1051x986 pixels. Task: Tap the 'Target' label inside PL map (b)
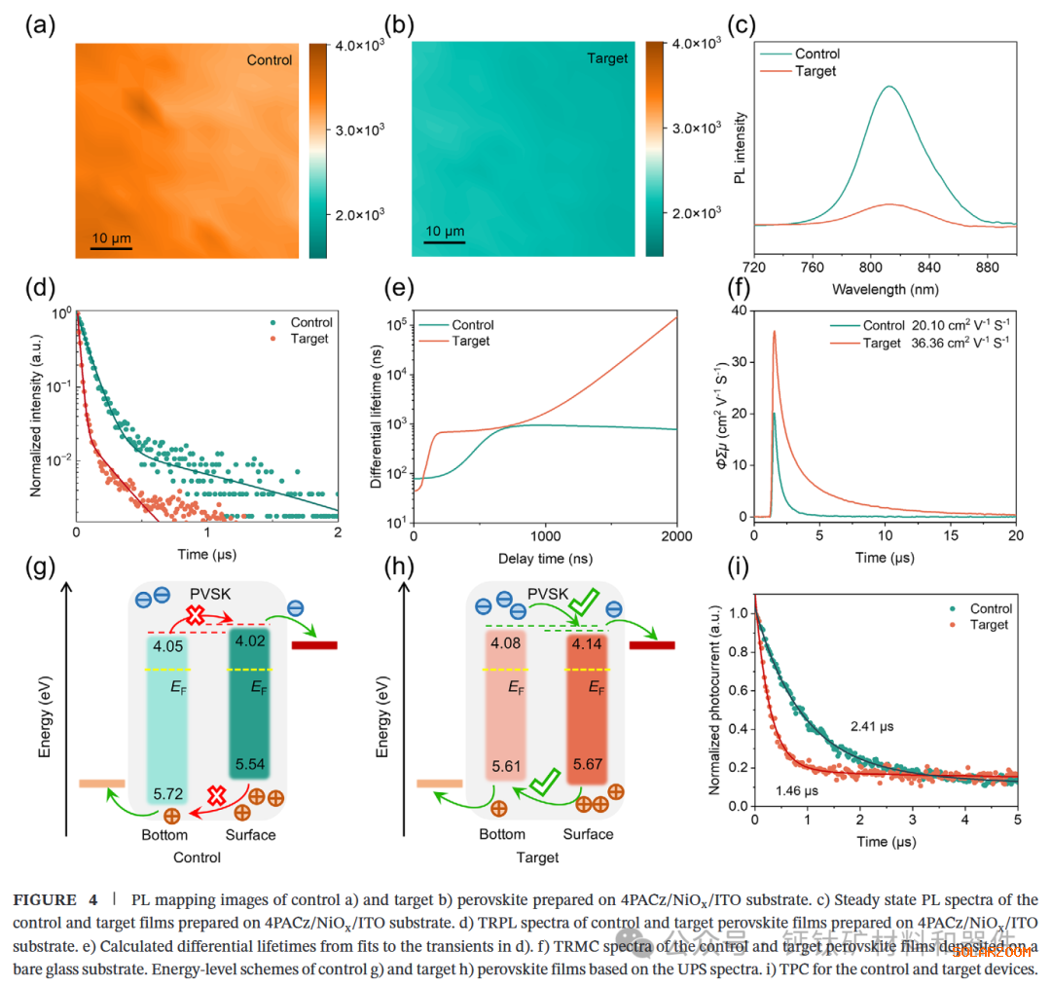coord(608,59)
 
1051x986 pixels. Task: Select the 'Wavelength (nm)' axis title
coord(885,290)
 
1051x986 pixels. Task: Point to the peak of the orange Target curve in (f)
coord(775,332)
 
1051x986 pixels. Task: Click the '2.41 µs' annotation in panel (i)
coord(871,726)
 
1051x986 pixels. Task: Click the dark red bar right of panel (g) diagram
coord(314,644)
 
